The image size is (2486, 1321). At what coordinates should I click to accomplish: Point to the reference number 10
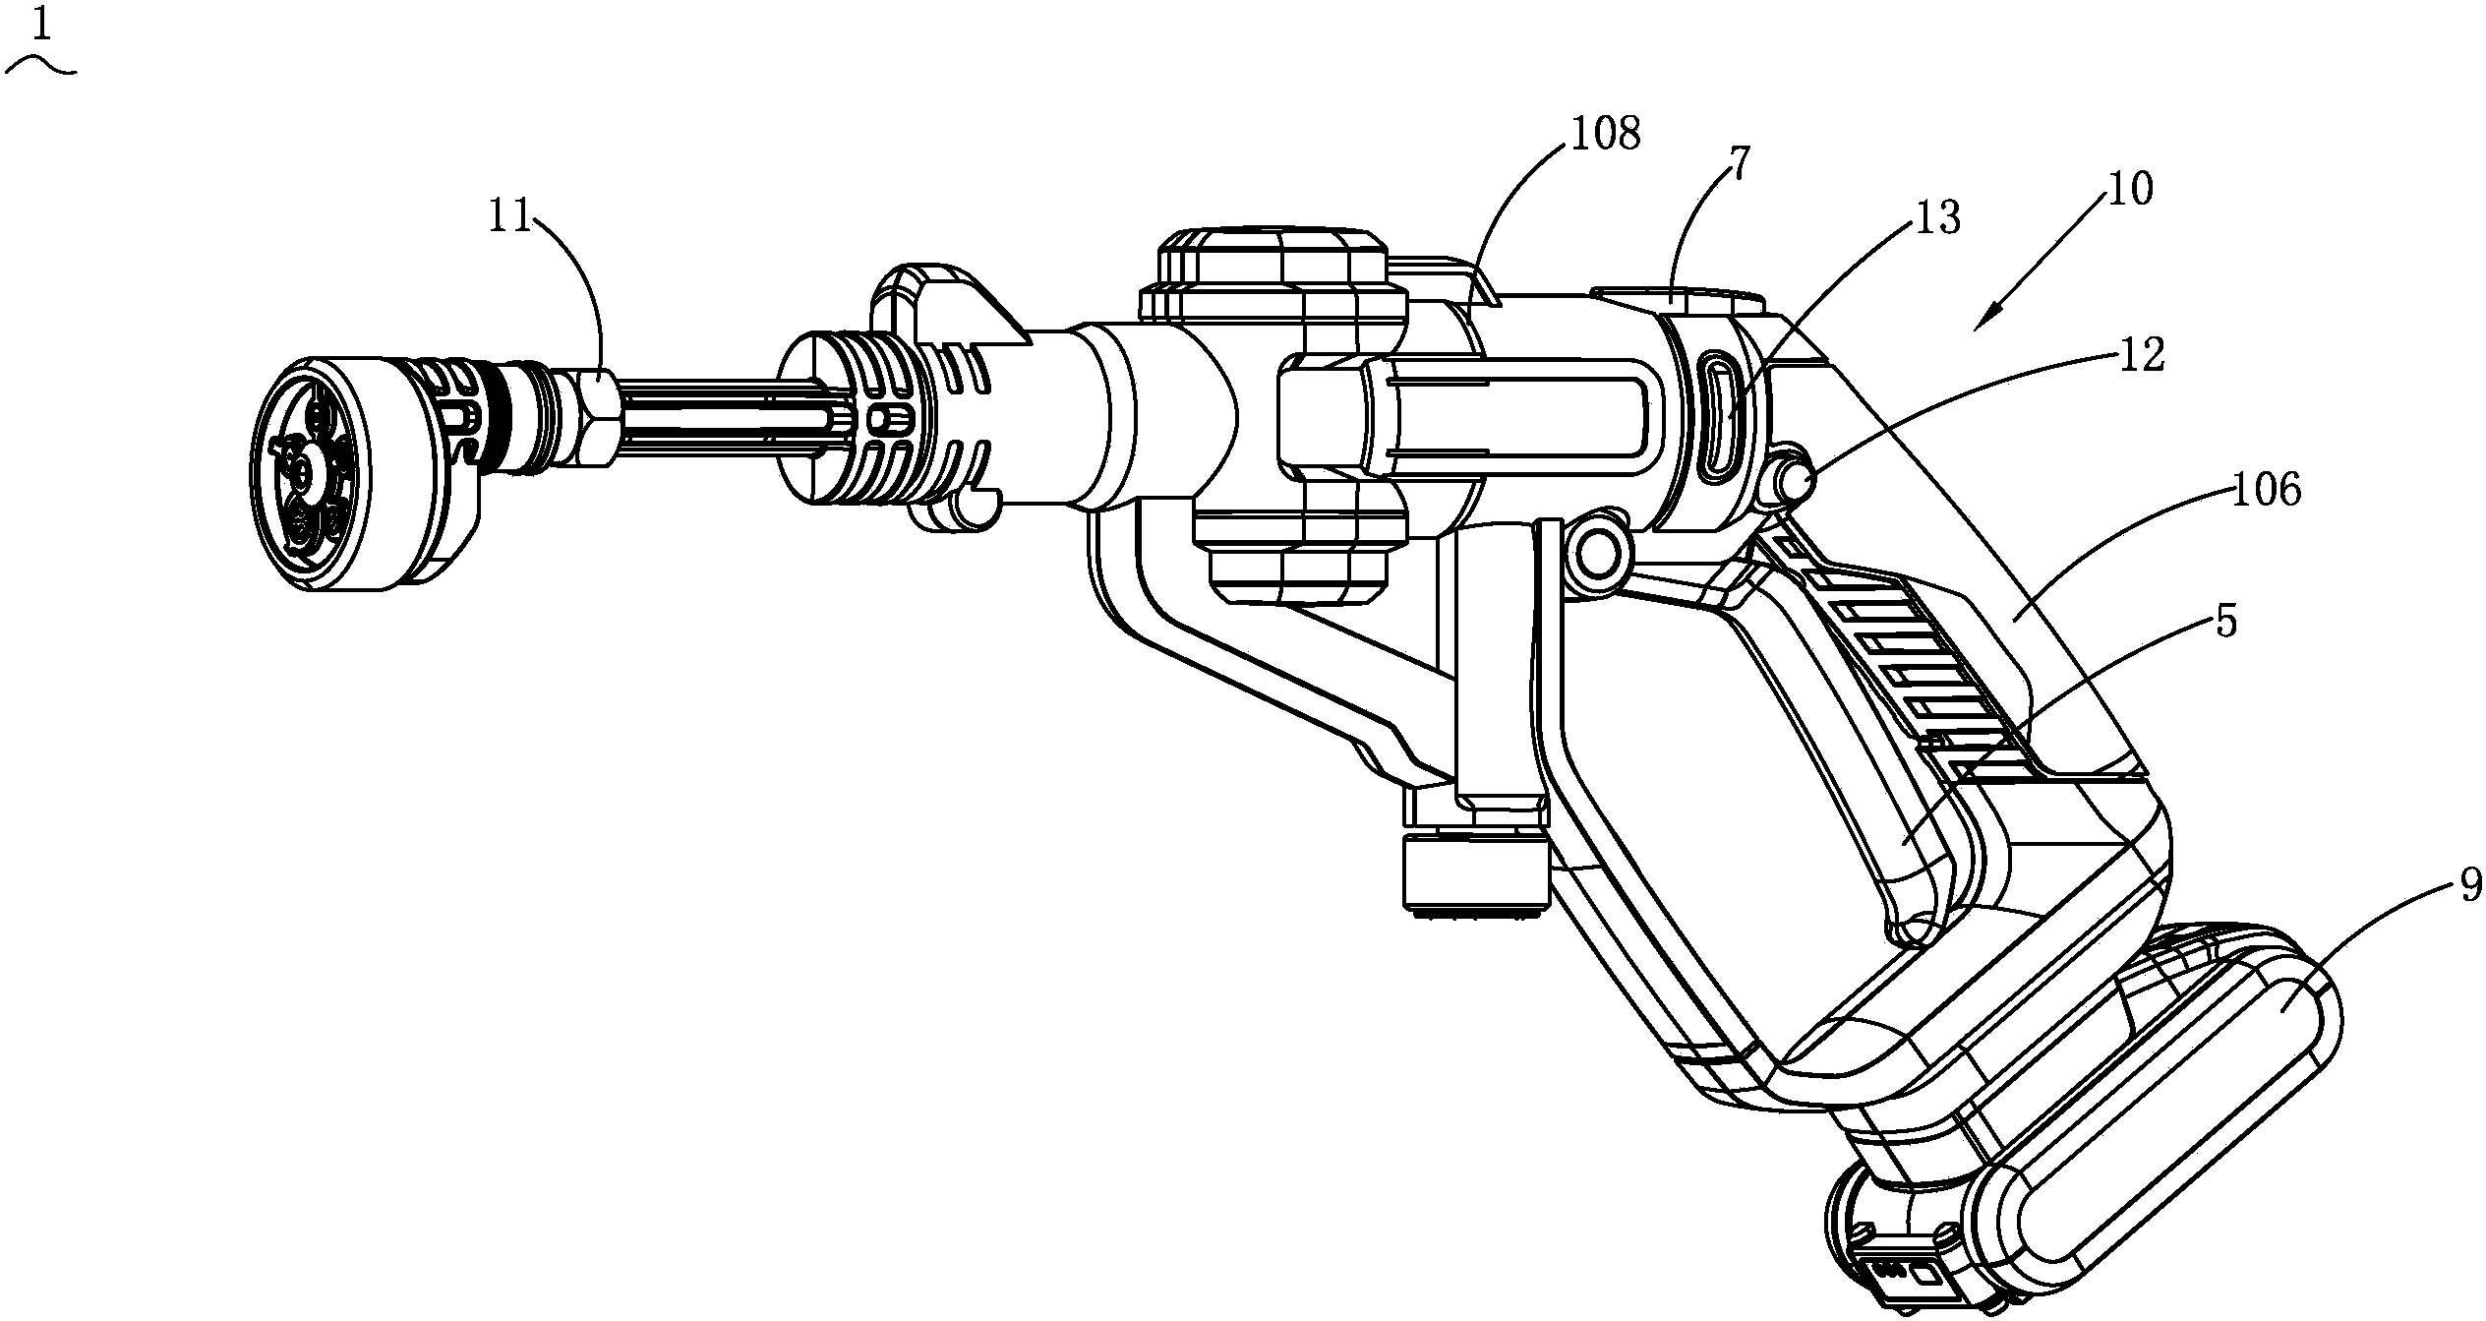click(x=2128, y=188)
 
